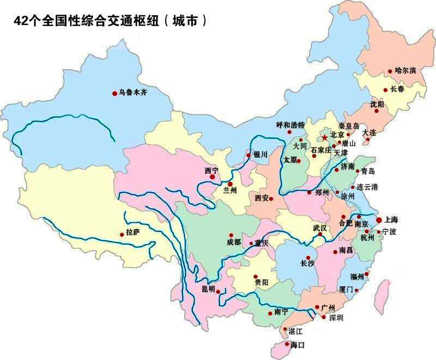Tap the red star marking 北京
point(325,137)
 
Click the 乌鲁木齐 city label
point(133,93)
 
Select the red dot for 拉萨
point(122,235)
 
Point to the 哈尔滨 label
point(405,71)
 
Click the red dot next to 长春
point(385,90)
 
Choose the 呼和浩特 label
point(290,125)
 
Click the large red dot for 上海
point(379,220)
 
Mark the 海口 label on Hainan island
point(298,345)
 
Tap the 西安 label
point(262,198)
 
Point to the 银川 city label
point(261,155)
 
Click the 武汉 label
point(319,228)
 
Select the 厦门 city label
point(346,289)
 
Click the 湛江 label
point(295,331)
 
